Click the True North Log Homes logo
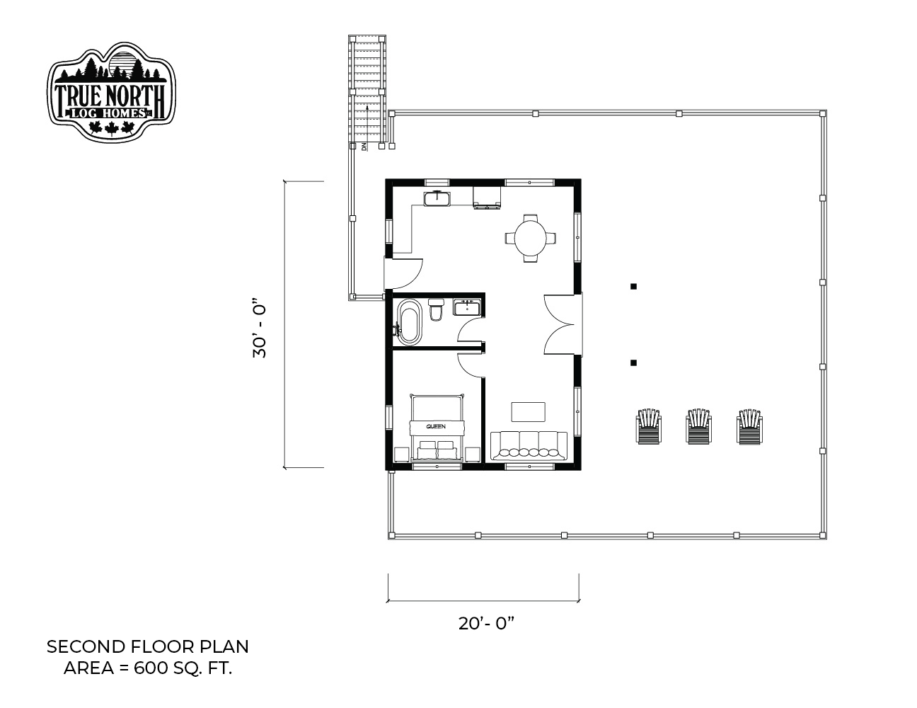point(111,93)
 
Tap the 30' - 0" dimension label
point(260,329)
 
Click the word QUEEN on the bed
point(436,426)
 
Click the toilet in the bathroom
point(437,309)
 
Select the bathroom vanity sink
point(467,307)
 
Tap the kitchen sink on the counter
point(437,198)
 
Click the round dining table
point(531,238)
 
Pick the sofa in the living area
point(529,445)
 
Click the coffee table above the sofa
point(528,411)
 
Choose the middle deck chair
point(698,426)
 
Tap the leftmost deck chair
point(649,426)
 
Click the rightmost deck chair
point(749,426)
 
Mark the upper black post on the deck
point(633,287)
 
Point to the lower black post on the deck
point(633,362)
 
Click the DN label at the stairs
point(364,147)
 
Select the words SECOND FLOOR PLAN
point(148,646)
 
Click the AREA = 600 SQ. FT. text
point(148,668)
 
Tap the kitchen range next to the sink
point(487,198)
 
